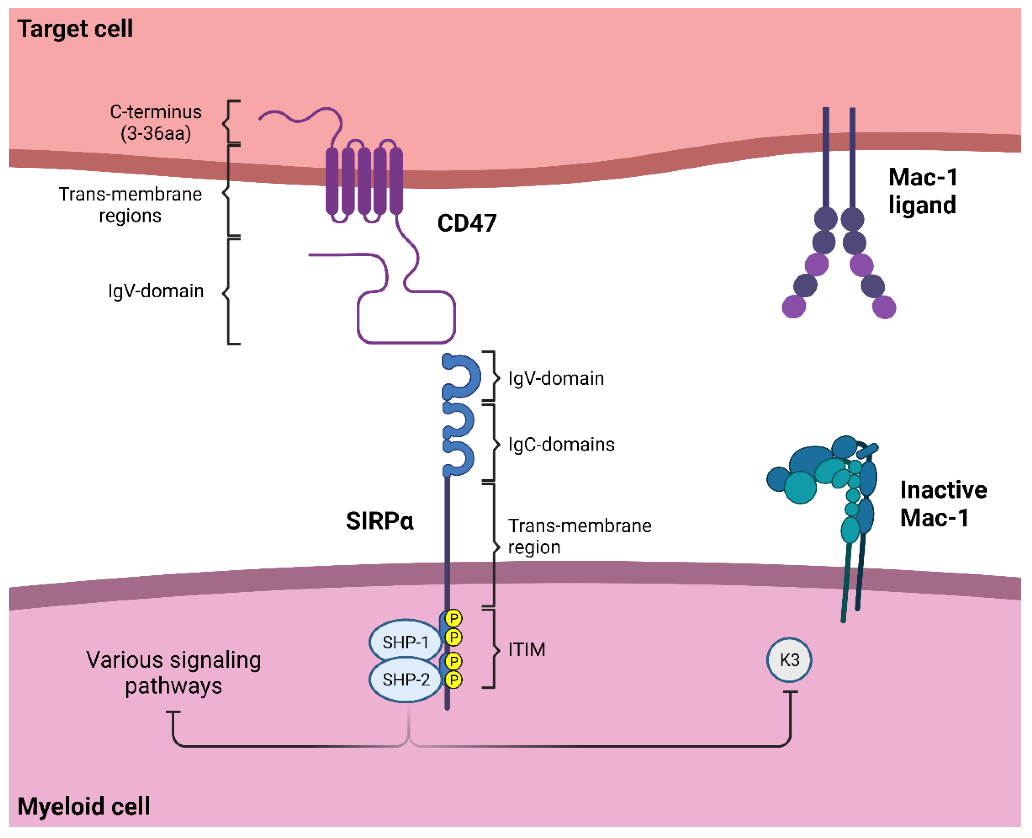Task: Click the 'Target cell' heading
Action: click(75, 29)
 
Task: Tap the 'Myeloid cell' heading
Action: click(83, 806)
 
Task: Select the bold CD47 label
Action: click(467, 223)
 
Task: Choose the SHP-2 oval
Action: click(405, 680)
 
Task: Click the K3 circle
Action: click(789, 660)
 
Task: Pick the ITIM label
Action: click(526, 650)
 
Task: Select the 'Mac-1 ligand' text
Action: click(922, 191)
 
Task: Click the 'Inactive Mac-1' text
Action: click(943, 504)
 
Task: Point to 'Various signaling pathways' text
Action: click(174, 673)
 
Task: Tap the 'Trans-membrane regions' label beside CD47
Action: click(130, 205)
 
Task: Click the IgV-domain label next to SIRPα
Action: click(556, 379)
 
